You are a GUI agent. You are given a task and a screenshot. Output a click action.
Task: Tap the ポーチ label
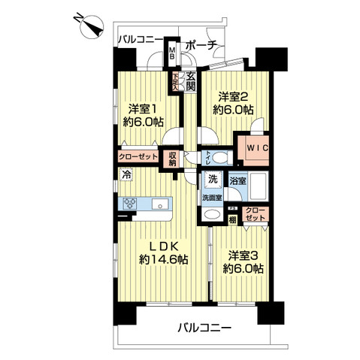pyautogui.click(x=201, y=44)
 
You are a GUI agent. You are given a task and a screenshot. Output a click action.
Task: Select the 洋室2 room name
pyautogui.click(x=234, y=97)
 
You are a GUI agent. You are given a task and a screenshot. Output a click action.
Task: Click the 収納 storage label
pyautogui.click(x=172, y=157)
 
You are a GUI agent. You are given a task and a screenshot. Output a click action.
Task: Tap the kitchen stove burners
pyautogui.click(x=129, y=203)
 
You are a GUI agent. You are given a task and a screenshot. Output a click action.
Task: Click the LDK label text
pyautogui.click(x=162, y=245)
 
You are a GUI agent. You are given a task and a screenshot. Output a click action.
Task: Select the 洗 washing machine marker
pyautogui.click(x=211, y=180)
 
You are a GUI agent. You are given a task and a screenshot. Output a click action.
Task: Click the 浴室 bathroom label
pyautogui.click(x=237, y=180)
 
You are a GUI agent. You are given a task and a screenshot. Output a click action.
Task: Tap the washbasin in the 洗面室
pyautogui.click(x=212, y=214)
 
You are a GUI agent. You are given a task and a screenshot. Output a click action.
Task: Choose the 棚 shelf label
pyautogui.click(x=233, y=219)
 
